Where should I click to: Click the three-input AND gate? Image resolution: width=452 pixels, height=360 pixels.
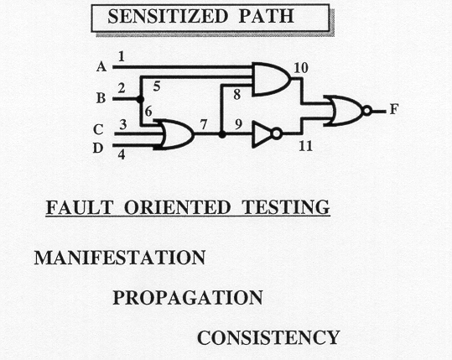pos(271,80)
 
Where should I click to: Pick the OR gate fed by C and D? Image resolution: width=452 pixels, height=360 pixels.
pos(176,134)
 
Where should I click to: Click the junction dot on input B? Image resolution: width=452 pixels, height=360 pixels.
pos(140,99)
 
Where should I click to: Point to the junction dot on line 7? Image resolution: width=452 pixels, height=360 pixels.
pos(222,134)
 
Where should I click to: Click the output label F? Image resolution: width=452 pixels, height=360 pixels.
pos(394,110)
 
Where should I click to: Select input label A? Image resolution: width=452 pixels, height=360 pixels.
pos(101,67)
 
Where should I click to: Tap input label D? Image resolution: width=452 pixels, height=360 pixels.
pos(98,148)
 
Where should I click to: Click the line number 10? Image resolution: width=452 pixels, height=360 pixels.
pos(301,68)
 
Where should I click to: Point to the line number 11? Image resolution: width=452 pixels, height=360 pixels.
pos(305,146)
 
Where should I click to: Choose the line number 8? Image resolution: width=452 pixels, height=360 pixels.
pos(237,94)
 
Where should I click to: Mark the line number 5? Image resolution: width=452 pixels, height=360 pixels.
pos(157,86)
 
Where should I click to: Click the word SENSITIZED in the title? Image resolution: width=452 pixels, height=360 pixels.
pos(168,16)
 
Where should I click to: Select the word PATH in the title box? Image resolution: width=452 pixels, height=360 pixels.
pos(267,16)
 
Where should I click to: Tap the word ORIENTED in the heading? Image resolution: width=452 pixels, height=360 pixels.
pos(178,207)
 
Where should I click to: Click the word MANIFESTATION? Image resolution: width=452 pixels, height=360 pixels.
pos(120,258)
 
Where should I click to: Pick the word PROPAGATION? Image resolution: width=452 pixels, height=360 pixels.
pos(188,297)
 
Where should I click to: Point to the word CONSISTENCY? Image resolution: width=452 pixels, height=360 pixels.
pos(268,337)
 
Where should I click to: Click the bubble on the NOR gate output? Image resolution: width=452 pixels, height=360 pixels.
pos(367,111)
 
